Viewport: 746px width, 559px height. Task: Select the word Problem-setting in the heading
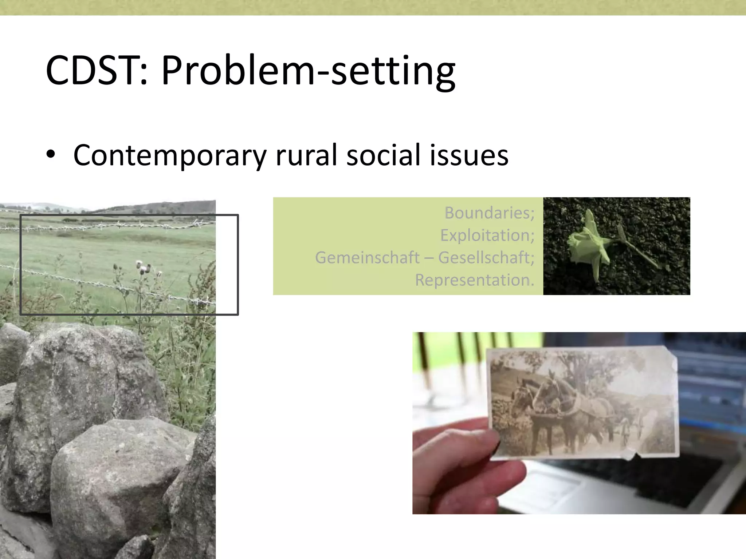click(308, 71)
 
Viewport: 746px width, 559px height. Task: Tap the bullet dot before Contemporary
click(51, 155)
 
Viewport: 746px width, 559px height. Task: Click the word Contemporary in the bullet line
click(170, 156)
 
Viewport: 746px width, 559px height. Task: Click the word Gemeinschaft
click(367, 258)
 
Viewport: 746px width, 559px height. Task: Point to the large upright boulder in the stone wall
click(84, 386)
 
